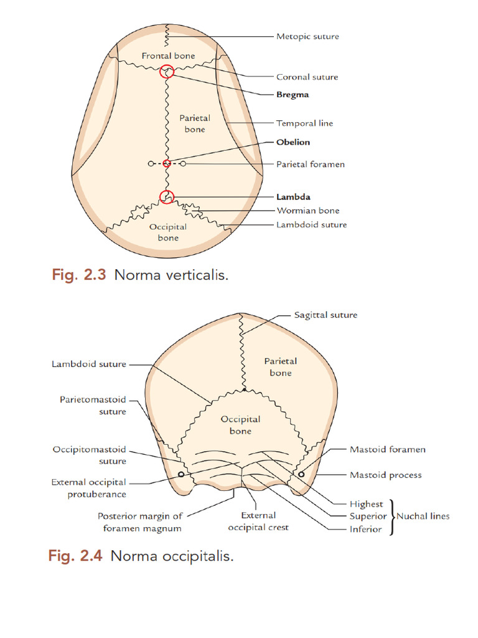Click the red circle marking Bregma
point(167,72)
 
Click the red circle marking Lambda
point(167,197)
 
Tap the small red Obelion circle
point(167,164)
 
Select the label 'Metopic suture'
point(307,37)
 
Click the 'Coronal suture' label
point(307,77)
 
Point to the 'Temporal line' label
point(304,123)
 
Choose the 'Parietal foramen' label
point(310,164)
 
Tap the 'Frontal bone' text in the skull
point(168,55)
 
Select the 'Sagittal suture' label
point(326,315)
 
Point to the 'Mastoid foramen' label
point(387,449)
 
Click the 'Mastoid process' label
point(385,475)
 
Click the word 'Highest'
point(366,503)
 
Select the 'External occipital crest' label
point(259,521)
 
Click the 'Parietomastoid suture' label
point(93,405)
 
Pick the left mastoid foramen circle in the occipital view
point(180,474)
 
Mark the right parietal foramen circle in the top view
point(183,164)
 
